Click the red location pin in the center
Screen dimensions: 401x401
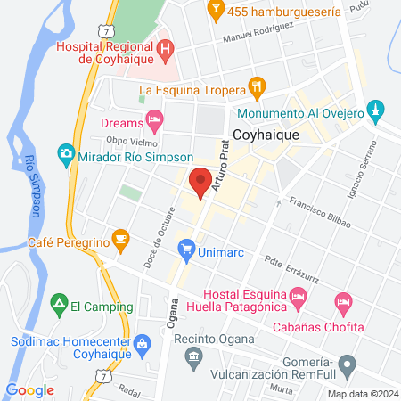(x=200, y=180)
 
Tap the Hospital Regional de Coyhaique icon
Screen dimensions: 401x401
(x=164, y=46)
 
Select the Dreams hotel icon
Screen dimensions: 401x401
(x=155, y=118)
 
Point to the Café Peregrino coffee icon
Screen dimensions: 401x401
(x=120, y=236)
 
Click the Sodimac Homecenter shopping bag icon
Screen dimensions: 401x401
(x=141, y=341)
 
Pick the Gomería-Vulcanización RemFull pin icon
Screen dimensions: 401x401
(x=349, y=364)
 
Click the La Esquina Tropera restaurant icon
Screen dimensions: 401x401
(x=258, y=87)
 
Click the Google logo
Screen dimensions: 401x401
(x=30, y=389)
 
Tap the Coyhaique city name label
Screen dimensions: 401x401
(x=264, y=136)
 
